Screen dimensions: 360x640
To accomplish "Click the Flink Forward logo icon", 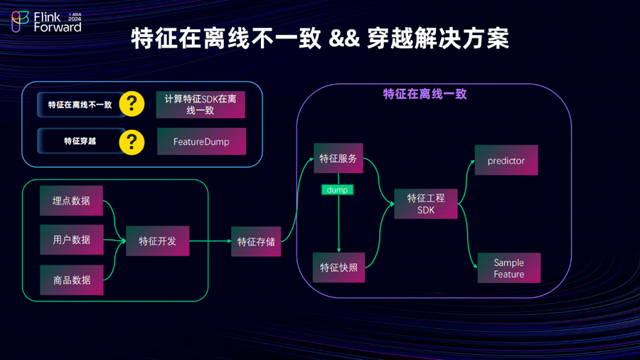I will click(x=20, y=22).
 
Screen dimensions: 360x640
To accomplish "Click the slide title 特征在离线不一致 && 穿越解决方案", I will click(x=320, y=38).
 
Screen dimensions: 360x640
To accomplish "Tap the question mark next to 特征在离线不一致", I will click(x=132, y=104).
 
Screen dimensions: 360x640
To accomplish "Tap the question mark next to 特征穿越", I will click(x=132, y=141).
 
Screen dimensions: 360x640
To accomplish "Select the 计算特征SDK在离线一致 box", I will click(x=201, y=104).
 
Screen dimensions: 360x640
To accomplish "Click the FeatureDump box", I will click(x=201, y=142).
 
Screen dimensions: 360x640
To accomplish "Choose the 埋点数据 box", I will click(x=71, y=201).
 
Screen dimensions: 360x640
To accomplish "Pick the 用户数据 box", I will click(x=71, y=240).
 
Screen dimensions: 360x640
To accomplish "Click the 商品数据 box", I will click(x=71, y=280).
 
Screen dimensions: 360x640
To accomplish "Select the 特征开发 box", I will click(x=157, y=241).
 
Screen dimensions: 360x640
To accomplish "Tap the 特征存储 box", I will click(x=256, y=241).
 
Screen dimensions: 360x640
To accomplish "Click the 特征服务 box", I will click(x=338, y=159).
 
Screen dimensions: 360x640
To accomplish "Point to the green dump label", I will click(x=337, y=190).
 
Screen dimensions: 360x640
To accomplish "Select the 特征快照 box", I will click(x=338, y=268).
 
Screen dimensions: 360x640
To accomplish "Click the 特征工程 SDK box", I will click(x=426, y=203).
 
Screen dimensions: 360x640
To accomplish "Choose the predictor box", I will click(x=506, y=161).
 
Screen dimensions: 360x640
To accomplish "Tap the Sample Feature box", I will click(x=509, y=268).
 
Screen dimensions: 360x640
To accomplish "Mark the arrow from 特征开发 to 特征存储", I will click(x=210, y=241).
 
